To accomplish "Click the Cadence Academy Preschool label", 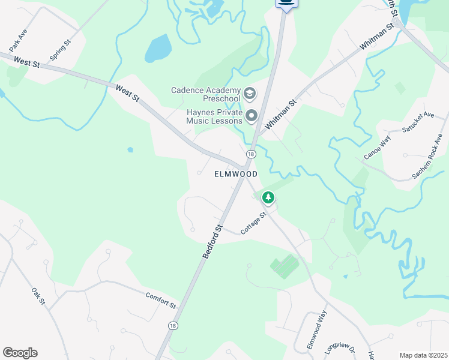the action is pyautogui.click(x=205, y=94).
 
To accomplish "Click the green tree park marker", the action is pyautogui.click(x=268, y=197).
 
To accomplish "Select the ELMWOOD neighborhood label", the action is pyautogui.click(x=236, y=174).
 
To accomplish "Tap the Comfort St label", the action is pyautogui.click(x=160, y=300).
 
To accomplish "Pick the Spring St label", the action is pyautogui.click(x=60, y=50).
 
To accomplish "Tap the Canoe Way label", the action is pyautogui.click(x=377, y=148).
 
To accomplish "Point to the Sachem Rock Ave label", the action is pyautogui.click(x=427, y=156).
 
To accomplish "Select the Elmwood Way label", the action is pyautogui.click(x=316, y=329).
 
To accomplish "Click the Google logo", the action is pyautogui.click(x=20, y=353).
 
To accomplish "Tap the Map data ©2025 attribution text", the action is pyautogui.click(x=423, y=355).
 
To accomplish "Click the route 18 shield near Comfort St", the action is pyautogui.click(x=173, y=325).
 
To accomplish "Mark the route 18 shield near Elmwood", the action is pyautogui.click(x=250, y=154).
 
